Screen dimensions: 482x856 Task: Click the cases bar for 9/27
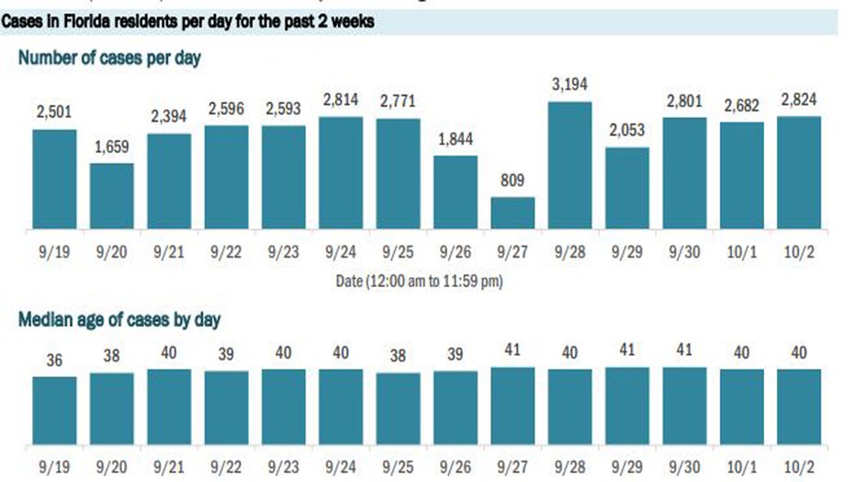(x=512, y=212)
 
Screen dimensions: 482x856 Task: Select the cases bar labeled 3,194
(x=569, y=165)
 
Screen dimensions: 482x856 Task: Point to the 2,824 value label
(x=798, y=98)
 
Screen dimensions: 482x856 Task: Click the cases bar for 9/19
(x=55, y=178)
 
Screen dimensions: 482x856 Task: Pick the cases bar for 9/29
(x=626, y=188)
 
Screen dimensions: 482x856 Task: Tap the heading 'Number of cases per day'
(x=109, y=58)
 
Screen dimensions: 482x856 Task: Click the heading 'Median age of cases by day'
(x=118, y=320)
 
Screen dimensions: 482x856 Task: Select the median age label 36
(x=55, y=361)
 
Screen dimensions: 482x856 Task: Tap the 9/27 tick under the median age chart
(x=512, y=465)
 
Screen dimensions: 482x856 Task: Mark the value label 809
(x=512, y=179)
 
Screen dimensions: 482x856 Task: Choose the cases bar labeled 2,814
(x=341, y=173)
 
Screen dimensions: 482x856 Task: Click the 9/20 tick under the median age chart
(x=112, y=465)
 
